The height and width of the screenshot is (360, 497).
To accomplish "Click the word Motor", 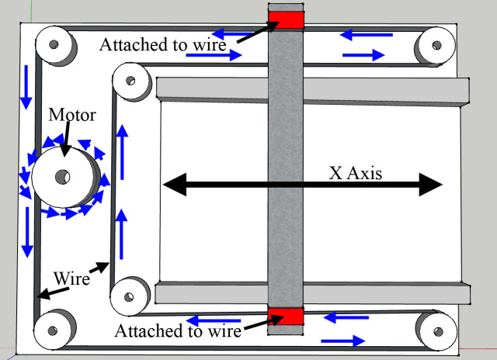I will pos(72,116).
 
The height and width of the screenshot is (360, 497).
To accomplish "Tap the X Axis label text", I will pos(356,173).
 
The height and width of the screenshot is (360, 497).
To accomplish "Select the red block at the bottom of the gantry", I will pos(284,316).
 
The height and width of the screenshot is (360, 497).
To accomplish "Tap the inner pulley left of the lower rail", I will pos(127,295).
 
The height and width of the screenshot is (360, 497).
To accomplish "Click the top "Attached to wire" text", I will pos(162,44).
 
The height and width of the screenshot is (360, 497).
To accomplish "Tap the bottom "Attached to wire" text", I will pos(178,331).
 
